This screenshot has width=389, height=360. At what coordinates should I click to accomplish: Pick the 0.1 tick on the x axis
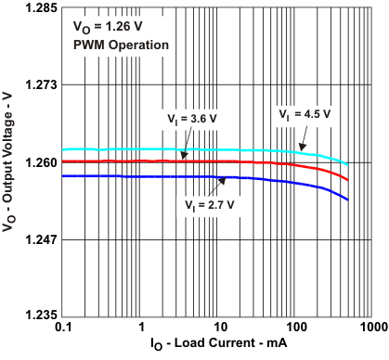[x=64, y=328]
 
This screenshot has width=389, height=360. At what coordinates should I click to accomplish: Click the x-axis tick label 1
[x=142, y=328]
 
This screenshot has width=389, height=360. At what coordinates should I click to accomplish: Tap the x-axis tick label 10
[x=219, y=328]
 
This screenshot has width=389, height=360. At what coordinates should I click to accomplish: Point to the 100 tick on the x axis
[x=295, y=328]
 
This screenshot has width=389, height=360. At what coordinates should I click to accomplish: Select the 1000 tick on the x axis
[x=370, y=328]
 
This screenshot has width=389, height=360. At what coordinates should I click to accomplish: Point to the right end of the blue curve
[x=348, y=199]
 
